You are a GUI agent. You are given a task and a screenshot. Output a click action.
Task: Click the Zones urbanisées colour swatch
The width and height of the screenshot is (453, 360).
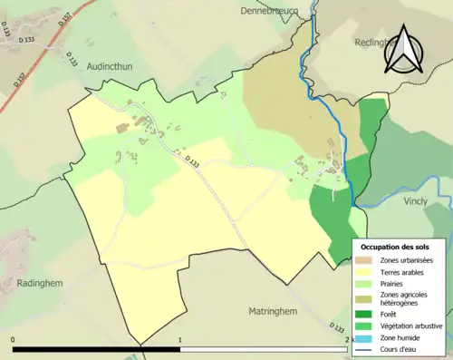click(x=367, y=260)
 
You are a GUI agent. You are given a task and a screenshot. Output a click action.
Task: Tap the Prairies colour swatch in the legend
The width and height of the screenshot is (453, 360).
click(x=367, y=284)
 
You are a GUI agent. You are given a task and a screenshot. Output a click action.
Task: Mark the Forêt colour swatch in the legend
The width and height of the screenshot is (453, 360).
click(x=367, y=315)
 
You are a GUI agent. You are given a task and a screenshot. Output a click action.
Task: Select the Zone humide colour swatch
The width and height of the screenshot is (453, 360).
click(x=367, y=338)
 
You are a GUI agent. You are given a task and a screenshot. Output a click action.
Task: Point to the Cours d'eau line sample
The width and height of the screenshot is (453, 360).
click(x=367, y=350)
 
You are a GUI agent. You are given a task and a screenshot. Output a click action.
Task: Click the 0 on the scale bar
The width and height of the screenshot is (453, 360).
click(x=14, y=340)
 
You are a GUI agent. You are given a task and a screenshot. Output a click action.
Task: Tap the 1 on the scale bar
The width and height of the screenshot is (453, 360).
click(x=180, y=340)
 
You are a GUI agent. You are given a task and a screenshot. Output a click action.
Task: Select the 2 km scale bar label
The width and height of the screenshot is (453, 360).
click(x=348, y=340)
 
